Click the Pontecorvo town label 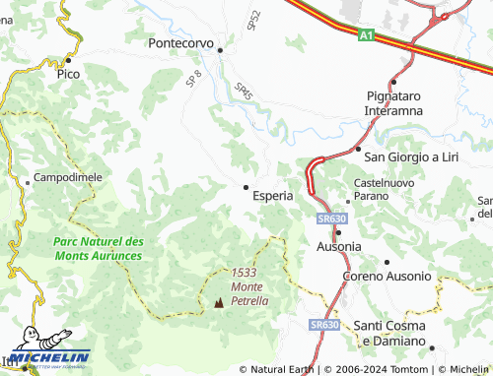[180, 43]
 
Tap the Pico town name [68, 74]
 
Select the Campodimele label [68, 177]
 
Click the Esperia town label [273, 196]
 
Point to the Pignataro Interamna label [393, 103]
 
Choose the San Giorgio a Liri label [414, 156]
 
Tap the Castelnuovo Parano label [381, 191]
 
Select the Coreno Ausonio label [387, 277]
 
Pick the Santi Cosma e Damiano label [389, 333]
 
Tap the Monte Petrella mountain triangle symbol [218, 303]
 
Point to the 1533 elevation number [245, 273]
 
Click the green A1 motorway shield [366, 36]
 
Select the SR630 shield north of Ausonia [331, 219]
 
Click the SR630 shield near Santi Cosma [323, 324]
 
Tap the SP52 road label [253, 19]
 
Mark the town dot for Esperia [246, 187]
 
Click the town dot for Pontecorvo [221, 49]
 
